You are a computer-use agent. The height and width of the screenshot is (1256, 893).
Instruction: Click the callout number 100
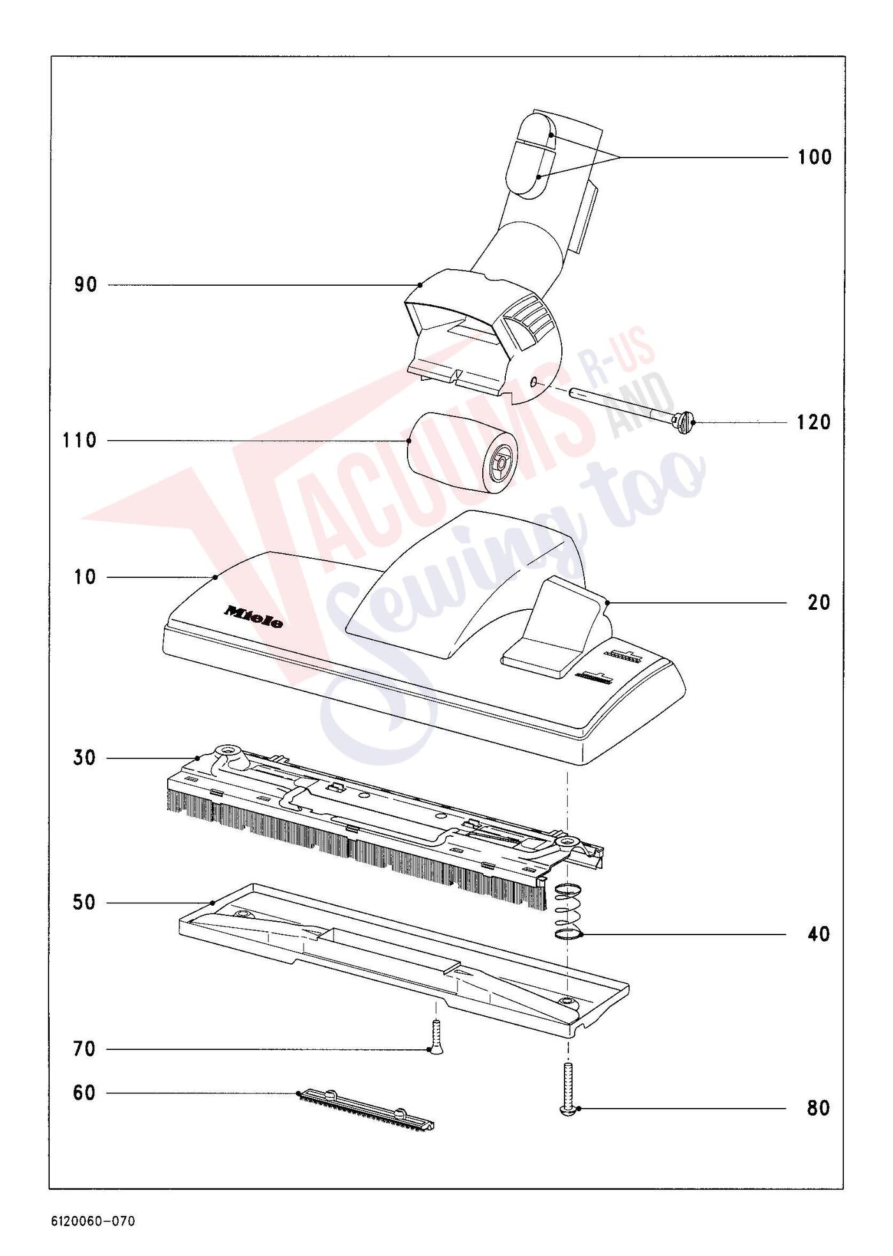tap(815, 157)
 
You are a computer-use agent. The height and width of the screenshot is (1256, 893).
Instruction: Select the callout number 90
tap(86, 284)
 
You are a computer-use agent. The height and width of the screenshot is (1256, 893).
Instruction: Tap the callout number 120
tap(814, 422)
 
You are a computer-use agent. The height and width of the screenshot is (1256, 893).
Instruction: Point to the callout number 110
tap(80, 440)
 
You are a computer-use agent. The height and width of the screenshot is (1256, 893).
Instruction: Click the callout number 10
tap(85, 577)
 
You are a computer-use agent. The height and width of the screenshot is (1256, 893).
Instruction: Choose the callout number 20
tap(819, 602)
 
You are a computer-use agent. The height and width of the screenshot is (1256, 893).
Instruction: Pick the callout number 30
tap(84, 758)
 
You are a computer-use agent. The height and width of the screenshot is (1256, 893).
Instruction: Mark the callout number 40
tap(819, 935)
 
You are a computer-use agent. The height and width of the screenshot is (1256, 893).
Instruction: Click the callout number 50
tap(84, 903)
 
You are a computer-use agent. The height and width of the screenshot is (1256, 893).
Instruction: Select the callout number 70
tap(84, 1049)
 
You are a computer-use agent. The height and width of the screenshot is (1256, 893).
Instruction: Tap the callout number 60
tap(84, 1093)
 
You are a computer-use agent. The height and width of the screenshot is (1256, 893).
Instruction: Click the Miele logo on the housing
tap(253, 617)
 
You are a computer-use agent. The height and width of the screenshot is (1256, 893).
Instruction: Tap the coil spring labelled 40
tap(568, 912)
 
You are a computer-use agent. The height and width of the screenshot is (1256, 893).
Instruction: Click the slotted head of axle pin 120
tap(684, 422)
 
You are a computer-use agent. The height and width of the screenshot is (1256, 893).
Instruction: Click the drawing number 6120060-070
tap(93, 1221)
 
